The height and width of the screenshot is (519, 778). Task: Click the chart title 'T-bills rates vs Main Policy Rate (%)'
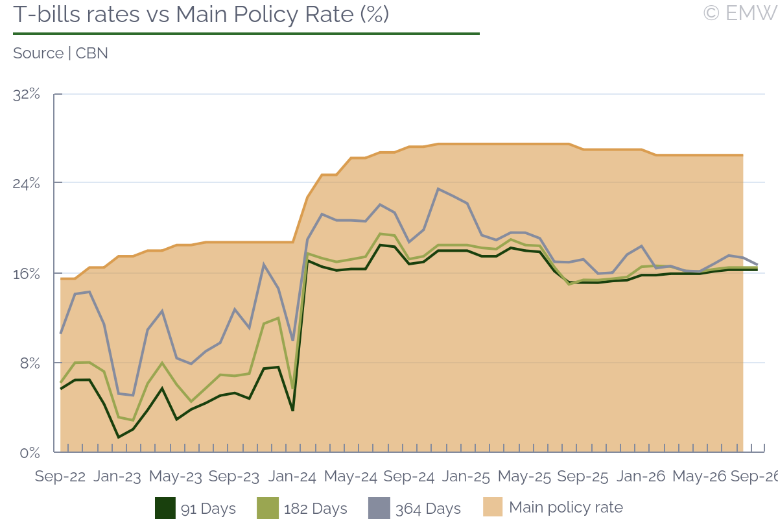pos(201,15)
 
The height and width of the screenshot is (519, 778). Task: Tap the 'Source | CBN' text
pos(60,53)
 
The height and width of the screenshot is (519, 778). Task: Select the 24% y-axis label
pos(27,183)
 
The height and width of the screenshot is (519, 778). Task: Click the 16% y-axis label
pos(27,274)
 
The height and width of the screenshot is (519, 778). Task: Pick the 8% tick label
pos(30,363)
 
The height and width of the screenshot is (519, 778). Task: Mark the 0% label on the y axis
pos(30,453)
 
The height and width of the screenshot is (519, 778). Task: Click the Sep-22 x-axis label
pos(60,476)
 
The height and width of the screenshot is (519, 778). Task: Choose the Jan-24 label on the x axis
pos(292,476)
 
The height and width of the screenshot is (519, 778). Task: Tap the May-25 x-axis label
pos(524,476)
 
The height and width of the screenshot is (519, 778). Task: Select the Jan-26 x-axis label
pos(641,476)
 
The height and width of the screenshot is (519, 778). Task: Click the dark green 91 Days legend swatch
pos(165,508)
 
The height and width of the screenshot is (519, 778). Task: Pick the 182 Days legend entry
pos(302,509)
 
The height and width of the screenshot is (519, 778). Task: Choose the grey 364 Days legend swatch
pos(379,508)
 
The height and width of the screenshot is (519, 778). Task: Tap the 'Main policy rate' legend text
pos(566,507)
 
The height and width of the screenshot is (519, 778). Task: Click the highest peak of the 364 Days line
pos(438,189)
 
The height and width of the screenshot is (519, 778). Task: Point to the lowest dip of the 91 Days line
pos(119,437)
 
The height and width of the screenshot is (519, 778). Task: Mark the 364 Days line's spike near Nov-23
pos(264,265)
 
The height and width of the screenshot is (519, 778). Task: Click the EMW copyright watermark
pos(740,13)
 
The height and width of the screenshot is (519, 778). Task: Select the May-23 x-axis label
pos(176,476)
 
